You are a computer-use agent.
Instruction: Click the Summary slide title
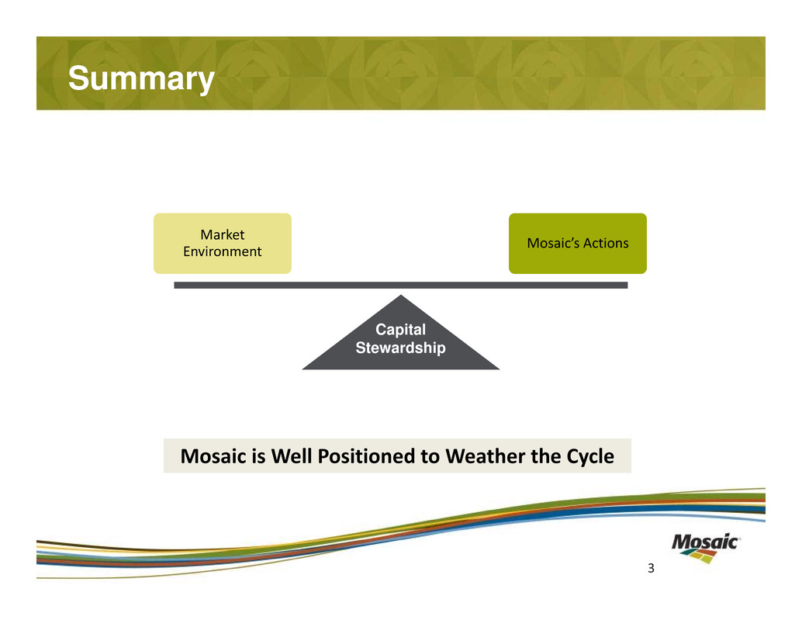pos(140,78)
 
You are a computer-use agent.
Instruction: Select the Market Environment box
pos(222,243)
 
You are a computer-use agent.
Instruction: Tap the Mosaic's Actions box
pos(577,243)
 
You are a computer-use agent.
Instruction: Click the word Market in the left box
pos(222,234)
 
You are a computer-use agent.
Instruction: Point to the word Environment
pos(222,251)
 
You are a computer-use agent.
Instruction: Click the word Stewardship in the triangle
pos(400,348)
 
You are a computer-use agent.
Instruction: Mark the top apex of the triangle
pos(400,296)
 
